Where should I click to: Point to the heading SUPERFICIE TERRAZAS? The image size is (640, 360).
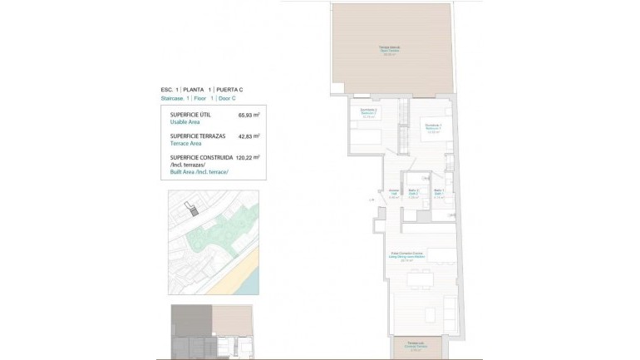[199, 136]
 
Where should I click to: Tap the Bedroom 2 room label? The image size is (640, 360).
[368, 114]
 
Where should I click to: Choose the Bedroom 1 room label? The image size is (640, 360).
[433, 127]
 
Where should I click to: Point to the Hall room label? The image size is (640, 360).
[394, 195]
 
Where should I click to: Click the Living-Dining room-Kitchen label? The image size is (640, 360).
[406, 255]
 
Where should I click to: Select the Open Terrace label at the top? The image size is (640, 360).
[391, 50]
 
